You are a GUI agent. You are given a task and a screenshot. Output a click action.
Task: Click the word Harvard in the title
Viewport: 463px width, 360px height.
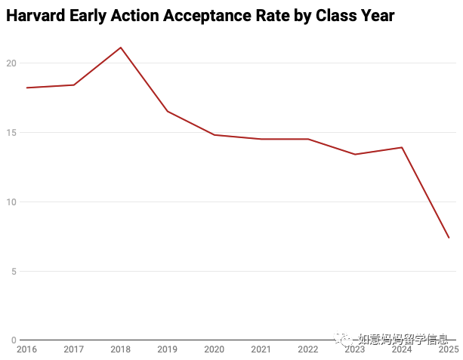[x=35, y=15]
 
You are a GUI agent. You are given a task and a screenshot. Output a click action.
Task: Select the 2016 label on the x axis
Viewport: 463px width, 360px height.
[x=27, y=349]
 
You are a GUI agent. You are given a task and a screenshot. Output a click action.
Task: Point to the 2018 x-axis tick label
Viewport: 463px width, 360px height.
[x=121, y=349]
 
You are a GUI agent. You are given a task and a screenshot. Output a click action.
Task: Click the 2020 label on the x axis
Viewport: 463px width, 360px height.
[x=214, y=349]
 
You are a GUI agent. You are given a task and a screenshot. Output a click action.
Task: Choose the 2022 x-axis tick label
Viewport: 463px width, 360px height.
[x=308, y=349]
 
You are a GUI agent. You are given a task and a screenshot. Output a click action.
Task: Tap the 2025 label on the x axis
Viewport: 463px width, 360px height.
[x=449, y=349]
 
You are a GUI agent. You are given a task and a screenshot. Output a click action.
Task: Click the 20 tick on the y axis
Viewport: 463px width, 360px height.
[x=11, y=63]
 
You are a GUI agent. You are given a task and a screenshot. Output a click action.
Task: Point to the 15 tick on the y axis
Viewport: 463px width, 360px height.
[x=11, y=133]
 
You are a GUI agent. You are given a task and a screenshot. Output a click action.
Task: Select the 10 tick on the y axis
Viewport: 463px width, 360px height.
[x=11, y=202]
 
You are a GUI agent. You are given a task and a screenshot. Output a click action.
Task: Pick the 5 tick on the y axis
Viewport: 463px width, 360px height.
[x=14, y=271]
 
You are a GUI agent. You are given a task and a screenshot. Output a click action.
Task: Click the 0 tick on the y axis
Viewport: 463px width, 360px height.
[x=14, y=340]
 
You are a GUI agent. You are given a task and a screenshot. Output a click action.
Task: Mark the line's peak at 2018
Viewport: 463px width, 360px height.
[x=121, y=48]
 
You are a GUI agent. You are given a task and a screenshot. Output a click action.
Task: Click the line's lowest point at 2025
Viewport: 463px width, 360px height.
[x=449, y=238]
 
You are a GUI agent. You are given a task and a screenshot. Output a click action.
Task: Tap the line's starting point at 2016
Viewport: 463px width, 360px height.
[x=27, y=88]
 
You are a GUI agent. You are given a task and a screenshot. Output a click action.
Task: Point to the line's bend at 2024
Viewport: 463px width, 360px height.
[x=402, y=147]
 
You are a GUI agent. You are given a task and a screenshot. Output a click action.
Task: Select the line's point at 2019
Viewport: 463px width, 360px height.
[x=168, y=111]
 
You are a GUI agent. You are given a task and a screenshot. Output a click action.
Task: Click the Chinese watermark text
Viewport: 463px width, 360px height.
[x=403, y=340]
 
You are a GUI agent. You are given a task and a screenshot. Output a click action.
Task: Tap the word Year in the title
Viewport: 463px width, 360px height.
[x=377, y=15]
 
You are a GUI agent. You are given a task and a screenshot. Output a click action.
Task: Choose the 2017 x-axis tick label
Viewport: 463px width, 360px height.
[x=74, y=349]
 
